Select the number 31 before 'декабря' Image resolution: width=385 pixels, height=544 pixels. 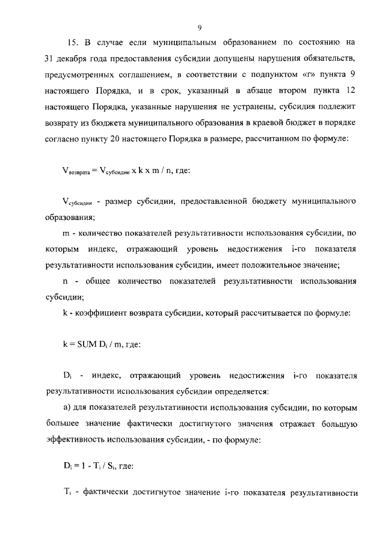click(x=51, y=60)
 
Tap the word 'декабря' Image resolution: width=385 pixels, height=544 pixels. click(x=79, y=60)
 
